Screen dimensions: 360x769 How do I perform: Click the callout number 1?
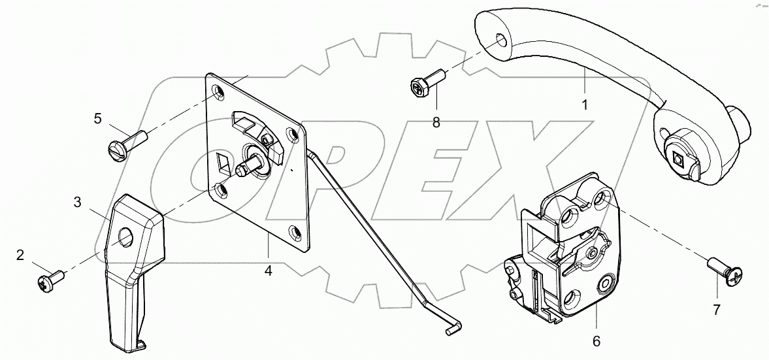(x=585, y=104)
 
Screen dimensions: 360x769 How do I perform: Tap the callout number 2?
(x=20, y=255)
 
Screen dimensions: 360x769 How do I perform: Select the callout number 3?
(x=77, y=203)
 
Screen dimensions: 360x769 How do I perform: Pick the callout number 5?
(x=97, y=118)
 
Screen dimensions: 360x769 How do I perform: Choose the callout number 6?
(x=597, y=340)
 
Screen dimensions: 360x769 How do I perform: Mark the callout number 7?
(x=717, y=310)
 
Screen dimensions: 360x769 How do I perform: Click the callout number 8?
(x=436, y=122)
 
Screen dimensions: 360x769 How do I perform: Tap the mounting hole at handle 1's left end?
(x=500, y=41)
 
